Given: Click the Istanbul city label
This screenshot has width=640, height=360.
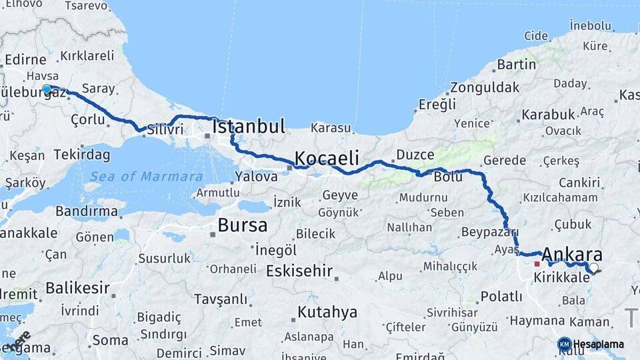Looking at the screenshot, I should pos(249,126).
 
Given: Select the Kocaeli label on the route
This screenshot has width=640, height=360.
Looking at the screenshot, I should pos(327,158).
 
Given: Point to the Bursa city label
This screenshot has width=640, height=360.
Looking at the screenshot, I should pos(242,225).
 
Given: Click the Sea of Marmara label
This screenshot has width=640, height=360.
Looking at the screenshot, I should pos(147,177).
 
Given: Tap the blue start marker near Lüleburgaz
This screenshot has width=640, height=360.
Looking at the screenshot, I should pos(47,89).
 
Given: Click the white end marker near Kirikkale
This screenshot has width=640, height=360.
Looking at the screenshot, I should pos(593,268).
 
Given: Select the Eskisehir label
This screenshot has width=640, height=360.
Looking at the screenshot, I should pos(299,271).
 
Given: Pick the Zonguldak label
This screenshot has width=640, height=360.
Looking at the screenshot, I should pos(485,87).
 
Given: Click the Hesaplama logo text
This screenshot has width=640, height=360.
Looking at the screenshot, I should pos(598,344).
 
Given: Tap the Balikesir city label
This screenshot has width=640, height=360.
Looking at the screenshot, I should pos(77,289).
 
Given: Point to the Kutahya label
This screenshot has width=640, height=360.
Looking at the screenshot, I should pos(327,312).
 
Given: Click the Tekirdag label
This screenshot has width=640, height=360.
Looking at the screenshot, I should pos(82,155).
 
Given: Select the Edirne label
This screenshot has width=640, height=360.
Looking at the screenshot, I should pos(25,59).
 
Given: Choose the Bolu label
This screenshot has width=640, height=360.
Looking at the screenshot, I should pos(448,178).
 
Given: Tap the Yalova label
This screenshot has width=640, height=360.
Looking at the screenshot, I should pos(256,177).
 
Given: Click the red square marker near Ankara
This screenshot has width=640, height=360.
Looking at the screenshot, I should pos(537,264).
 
